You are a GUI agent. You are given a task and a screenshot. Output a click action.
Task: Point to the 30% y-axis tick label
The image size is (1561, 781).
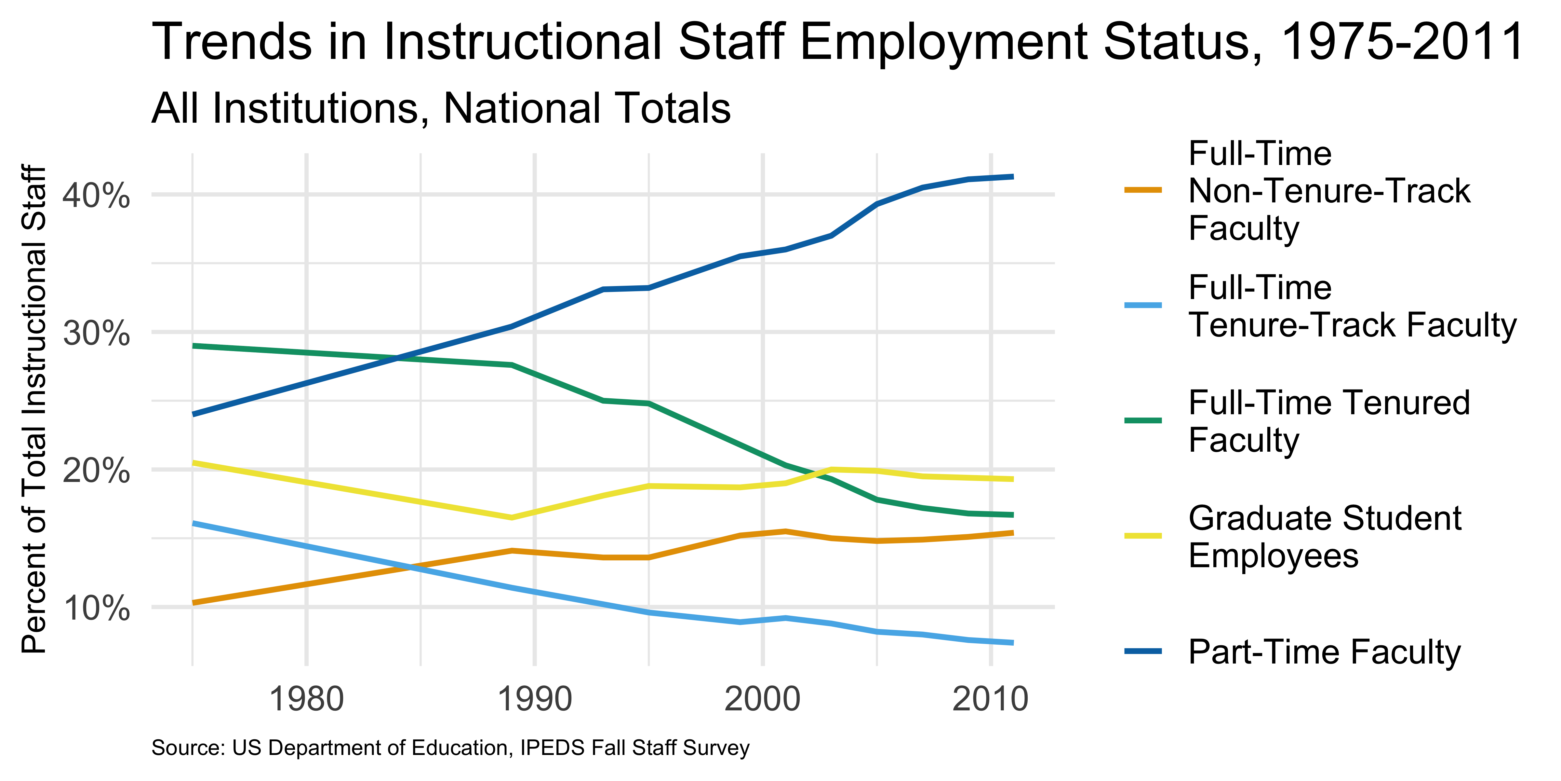[x=96, y=333]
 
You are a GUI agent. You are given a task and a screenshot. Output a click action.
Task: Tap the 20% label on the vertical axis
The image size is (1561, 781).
[x=96, y=471]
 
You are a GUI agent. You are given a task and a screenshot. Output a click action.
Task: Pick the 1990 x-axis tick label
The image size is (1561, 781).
[x=534, y=699]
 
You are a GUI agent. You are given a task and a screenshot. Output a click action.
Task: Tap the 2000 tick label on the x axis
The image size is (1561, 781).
[x=762, y=699]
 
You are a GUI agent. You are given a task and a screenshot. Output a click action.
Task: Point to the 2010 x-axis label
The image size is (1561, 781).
[x=990, y=699]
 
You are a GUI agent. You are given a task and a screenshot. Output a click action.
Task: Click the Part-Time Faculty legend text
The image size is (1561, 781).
[x=1324, y=652]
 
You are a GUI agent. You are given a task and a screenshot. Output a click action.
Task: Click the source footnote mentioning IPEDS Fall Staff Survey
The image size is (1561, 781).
[x=450, y=748]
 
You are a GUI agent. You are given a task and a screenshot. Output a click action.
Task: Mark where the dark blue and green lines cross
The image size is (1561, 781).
[x=397, y=358]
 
